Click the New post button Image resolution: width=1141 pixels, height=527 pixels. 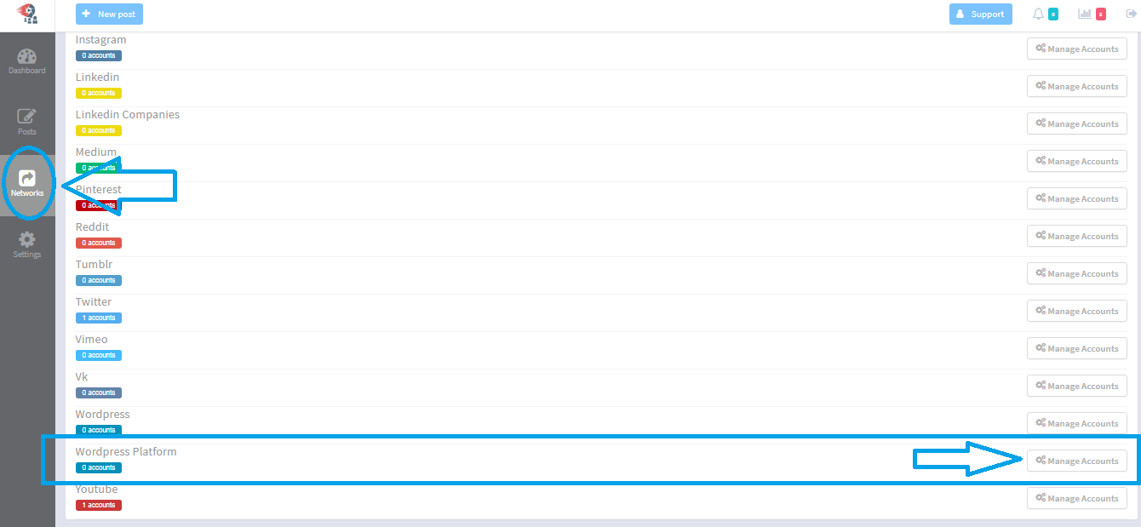[x=109, y=14]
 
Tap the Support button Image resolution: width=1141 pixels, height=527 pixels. [x=980, y=14]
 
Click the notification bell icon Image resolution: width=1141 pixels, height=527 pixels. [x=1038, y=14]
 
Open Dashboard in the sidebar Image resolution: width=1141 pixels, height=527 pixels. [x=27, y=61]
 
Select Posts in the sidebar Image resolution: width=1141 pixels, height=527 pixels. [x=27, y=122]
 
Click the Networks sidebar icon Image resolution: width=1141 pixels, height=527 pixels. [x=27, y=183]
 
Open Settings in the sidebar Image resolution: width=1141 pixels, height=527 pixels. [x=27, y=244]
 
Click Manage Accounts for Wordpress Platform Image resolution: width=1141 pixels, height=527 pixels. [x=1076, y=461]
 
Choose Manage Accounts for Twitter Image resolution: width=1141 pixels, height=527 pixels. [x=1076, y=311]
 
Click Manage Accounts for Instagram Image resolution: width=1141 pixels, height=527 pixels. [x=1076, y=49]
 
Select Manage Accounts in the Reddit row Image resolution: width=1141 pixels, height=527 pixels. [x=1076, y=236]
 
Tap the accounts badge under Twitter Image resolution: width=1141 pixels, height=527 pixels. [x=99, y=318]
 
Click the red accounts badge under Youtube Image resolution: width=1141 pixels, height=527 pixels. [x=99, y=505]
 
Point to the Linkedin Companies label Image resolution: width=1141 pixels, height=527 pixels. [x=128, y=115]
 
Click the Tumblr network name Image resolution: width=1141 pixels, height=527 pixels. [x=94, y=265]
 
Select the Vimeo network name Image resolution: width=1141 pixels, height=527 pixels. [x=92, y=340]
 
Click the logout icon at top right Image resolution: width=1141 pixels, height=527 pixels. [x=1132, y=14]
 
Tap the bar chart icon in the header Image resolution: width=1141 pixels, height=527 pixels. [x=1085, y=14]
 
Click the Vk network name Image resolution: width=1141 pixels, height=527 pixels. [x=82, y=377]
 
